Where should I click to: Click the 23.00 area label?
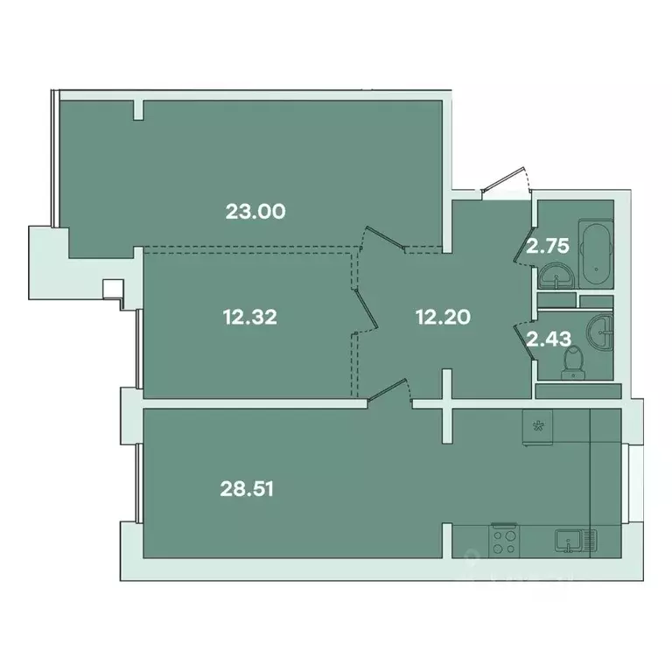click(256, 211)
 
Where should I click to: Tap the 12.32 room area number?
click(249, 318)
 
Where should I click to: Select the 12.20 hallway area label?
click(442, 318)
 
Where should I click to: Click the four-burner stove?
click(502, 539)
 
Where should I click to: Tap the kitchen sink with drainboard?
click(575, 540)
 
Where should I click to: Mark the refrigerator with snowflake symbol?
click(535, 427)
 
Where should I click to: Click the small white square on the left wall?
click(113, 289)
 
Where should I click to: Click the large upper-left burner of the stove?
click(498, 532)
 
